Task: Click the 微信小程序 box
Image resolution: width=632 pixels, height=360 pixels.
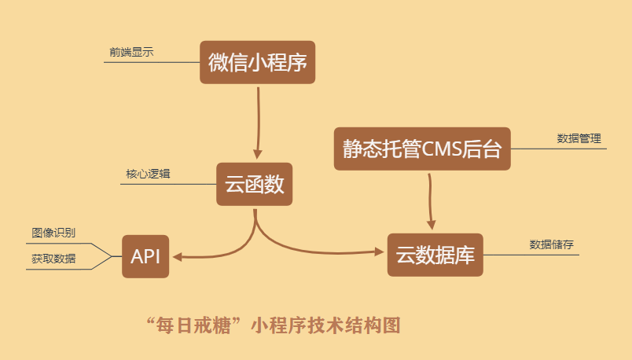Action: (x=257, y=62)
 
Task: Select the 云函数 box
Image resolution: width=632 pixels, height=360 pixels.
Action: (x=254, y=185)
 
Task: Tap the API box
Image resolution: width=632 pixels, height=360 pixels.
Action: (x=145, y=256)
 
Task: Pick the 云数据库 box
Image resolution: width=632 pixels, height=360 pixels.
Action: (x=435, y=255)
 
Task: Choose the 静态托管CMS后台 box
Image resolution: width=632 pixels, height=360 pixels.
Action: (x=422, y=149)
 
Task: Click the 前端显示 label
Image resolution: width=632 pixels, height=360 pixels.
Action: (x=131, y=52)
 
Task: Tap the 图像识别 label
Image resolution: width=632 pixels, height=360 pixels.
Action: (x=53, y=233)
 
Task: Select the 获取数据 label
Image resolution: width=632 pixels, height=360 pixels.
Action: (x=53, y=258)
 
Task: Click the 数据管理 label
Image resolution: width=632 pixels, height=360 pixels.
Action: (x=579, y=138)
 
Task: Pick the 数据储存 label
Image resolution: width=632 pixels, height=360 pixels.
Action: (x=551, y=244)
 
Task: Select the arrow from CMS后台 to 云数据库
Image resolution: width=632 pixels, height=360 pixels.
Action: (x=430, y=200)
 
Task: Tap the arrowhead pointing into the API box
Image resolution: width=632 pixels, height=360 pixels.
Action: (x=177, y=256)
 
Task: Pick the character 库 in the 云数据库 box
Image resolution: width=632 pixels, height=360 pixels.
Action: (x=466, y=255)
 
